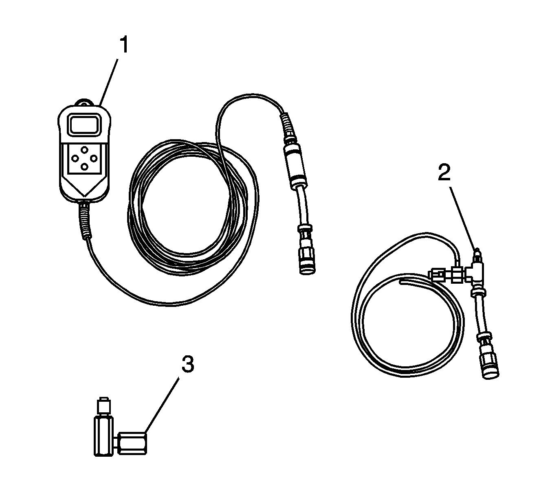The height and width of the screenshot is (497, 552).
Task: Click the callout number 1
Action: [124, 45]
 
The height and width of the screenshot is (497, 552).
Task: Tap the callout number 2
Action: [444, 173]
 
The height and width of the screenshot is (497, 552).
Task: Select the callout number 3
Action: [188, 364]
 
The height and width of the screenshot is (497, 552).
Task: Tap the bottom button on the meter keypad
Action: [84, 166]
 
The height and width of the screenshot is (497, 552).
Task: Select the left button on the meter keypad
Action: [75, 158]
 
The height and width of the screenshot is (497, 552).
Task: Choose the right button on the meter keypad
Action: [94, 158]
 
